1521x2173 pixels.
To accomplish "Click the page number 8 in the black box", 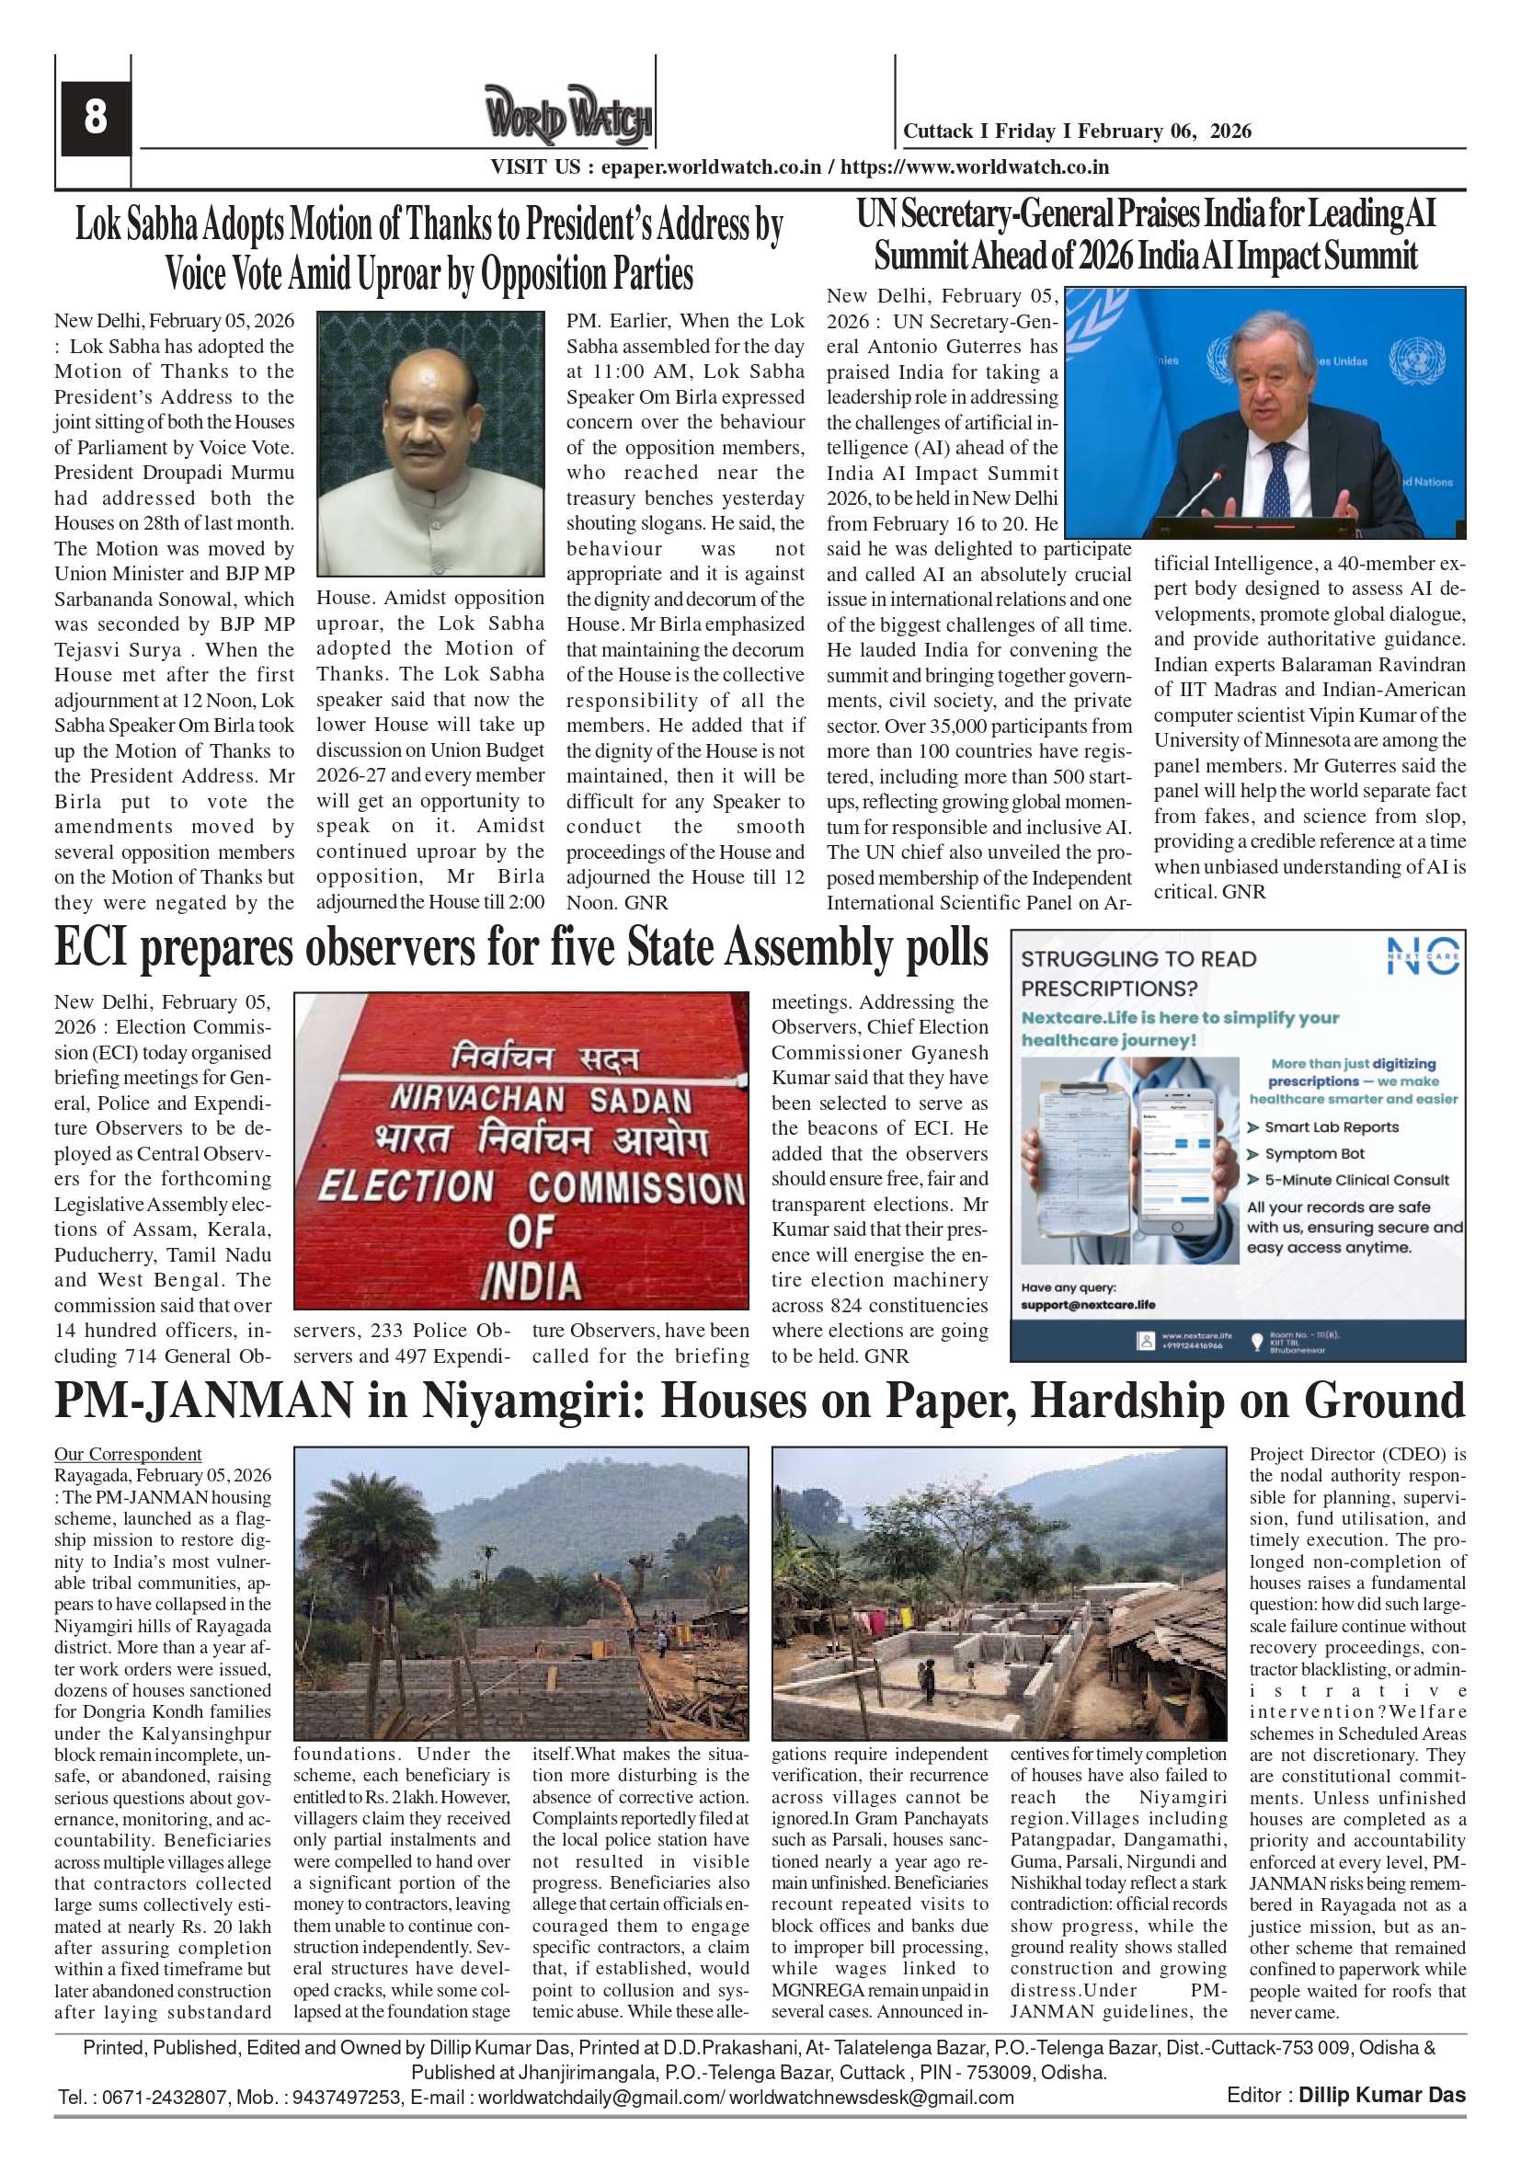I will (x=95, y=117).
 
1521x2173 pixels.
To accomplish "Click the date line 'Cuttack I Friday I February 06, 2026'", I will (x=1076, y=132).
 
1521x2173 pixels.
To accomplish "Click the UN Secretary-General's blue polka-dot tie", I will (x=1275, y=483).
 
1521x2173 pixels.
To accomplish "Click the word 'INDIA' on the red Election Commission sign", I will (x=531, y=1282).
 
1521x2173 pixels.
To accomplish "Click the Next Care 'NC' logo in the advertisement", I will (x=1423, y=957).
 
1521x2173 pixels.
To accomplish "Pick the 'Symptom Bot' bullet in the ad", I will (x=1312, y=1154).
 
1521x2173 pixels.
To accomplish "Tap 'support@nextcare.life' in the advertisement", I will (x=1088, y=1305).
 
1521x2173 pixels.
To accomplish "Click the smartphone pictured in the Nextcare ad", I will (x=1176, y=1162).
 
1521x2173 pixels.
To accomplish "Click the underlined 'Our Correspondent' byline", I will (x=128, y=1454).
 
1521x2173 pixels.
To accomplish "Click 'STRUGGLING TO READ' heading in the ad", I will (x=1138, y=959).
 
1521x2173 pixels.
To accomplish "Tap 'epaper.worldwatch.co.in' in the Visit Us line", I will (x=711, y=167).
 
